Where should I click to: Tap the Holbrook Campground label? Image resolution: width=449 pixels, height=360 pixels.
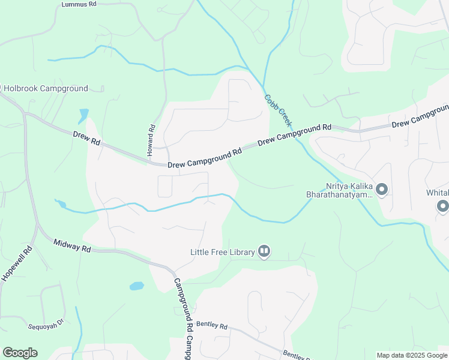click(x=46, y=88)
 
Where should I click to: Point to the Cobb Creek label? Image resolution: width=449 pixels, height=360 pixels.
click(x=278, y=110)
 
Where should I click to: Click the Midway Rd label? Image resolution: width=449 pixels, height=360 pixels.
click(x=71, y=245)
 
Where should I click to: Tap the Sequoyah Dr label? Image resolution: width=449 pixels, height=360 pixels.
click(x=46, y=327)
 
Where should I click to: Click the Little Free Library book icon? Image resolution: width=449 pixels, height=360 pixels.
click(x=264, y=251)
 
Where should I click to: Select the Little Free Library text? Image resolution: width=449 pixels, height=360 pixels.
click(x=222, y=251)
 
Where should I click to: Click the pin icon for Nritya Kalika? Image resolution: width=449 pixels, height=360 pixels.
click(x=382, y=190)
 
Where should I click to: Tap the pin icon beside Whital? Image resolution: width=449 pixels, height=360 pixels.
click(x=443, y=206)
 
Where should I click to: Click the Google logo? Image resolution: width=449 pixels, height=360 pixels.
click(x=20, y=353)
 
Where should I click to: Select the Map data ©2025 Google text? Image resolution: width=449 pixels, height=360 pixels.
click(x=411, y=355)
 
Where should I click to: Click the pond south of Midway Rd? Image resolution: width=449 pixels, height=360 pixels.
click(x=137, y=286)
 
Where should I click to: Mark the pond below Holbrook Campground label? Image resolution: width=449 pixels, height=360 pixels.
click(x=83, y=115)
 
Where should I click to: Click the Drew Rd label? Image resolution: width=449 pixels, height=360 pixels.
click(x=86, y=140)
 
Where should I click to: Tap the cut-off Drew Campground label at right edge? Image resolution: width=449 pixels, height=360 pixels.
click(x=420, y=117)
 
